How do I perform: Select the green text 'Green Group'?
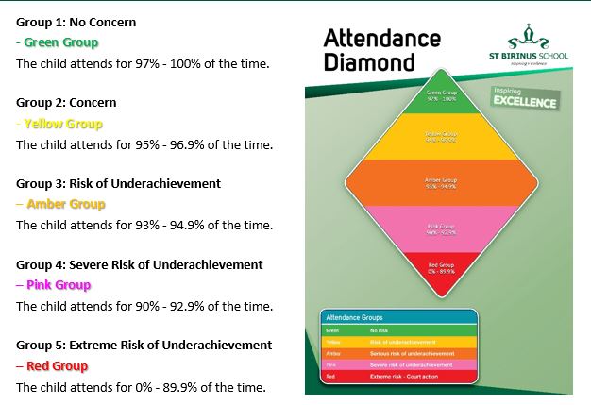click(60, 42)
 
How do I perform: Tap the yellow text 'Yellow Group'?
click(63, 124)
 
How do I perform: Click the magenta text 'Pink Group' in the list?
click(59, 285)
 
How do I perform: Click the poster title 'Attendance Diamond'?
click(381, 50)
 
